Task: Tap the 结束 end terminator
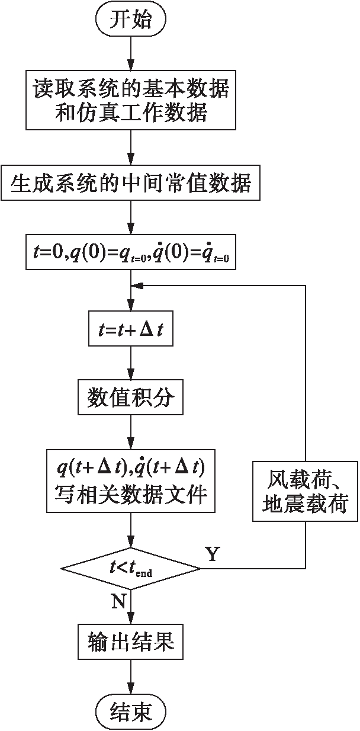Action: point(131,710)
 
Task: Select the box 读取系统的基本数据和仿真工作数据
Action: point(131,100)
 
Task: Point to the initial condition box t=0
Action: point(131,253)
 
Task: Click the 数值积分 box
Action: point(131,398)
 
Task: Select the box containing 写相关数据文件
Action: point(131,480)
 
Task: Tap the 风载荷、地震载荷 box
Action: point(306,491)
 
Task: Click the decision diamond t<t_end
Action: point(131,568)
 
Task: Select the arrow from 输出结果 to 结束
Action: point(131,675)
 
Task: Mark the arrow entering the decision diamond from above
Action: point(131,531)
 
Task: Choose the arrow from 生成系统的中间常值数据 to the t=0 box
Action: point(131,218)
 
